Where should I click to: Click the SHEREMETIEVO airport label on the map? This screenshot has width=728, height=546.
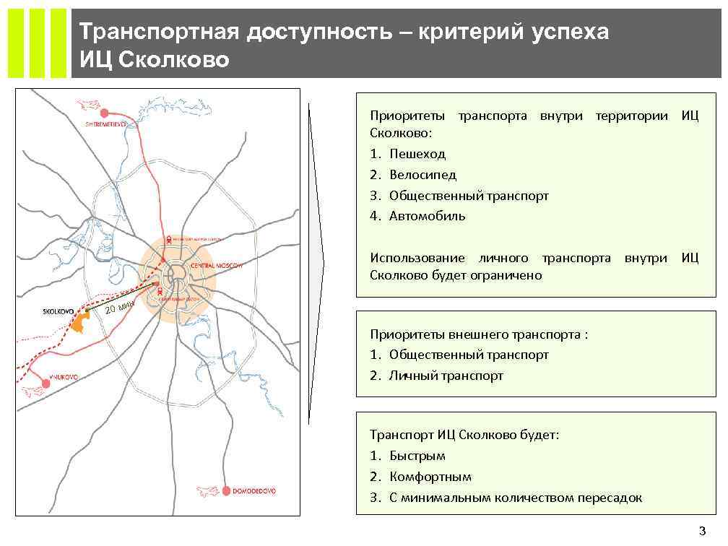[x=105, y=124]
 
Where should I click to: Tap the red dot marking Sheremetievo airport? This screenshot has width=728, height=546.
[x=105, y=112]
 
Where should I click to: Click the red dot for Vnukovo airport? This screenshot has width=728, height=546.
[x=46, y=384]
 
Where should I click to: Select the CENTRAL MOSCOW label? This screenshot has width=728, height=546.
[x=214, y=266]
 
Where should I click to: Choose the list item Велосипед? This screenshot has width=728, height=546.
[x=422, y=175]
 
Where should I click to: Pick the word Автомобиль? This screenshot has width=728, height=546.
[x=427, y=216]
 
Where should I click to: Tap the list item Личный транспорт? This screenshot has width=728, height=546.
[x=446, y=376]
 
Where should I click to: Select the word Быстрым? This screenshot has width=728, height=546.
[x=417, y=456]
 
